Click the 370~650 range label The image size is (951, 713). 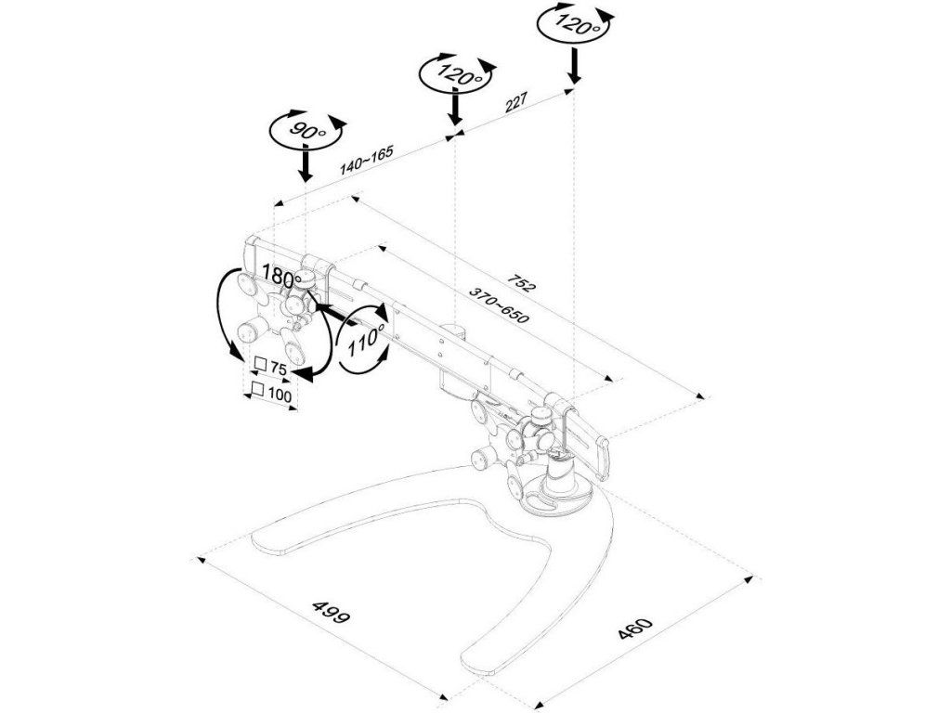coord(499,305)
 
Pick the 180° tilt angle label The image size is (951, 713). coord(281,277)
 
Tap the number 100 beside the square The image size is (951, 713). coord(280,394)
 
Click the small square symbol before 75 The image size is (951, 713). coord(260,365)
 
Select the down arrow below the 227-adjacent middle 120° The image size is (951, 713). coord(455,109)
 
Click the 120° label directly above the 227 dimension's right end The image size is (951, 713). coord(575,25)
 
